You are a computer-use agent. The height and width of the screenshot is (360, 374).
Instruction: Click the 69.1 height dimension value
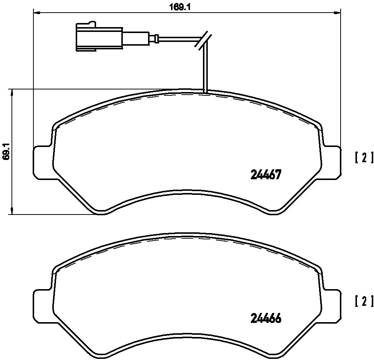pos(6,152)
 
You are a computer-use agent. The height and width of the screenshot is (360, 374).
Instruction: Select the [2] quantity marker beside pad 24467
pos(363,158)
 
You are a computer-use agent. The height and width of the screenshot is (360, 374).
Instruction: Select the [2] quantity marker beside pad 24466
pos(363,302)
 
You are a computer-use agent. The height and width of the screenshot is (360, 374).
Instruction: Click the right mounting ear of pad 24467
pos(331,161)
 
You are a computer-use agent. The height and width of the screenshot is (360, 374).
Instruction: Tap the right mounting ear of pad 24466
pos(331,305)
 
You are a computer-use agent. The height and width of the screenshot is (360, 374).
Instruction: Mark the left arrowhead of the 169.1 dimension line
pos(37,13)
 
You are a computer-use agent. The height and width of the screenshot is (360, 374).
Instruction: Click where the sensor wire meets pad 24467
pos(204,90)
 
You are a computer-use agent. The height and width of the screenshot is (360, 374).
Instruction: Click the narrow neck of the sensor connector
pos(135,37)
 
